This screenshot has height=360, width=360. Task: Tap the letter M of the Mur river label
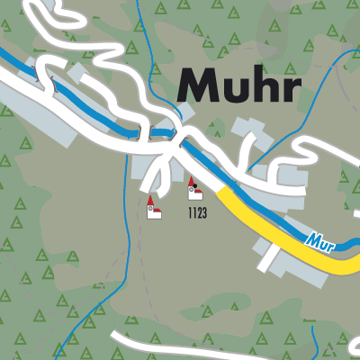click(310, 239)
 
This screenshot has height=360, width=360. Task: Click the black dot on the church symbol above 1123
click(193, 190)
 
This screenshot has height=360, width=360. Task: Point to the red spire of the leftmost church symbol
click(150, 200)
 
